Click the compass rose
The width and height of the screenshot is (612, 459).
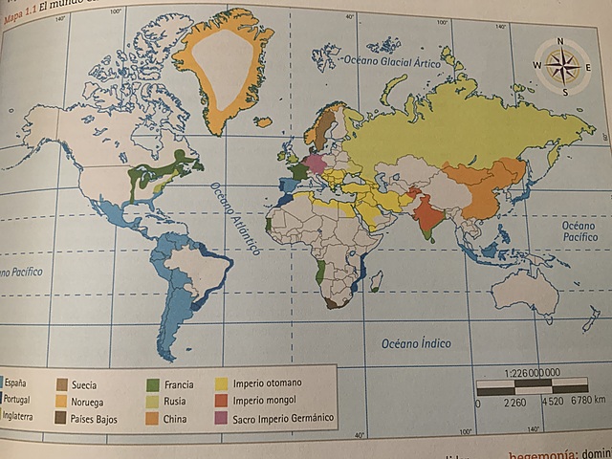pos(561,66)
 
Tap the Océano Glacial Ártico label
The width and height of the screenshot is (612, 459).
pos(390,61)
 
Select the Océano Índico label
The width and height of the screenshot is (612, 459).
pos(416,343)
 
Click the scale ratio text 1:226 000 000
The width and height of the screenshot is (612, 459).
pos(517,373)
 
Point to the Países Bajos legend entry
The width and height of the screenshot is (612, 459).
pos(94,419)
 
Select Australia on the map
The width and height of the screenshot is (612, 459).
pos(524,286)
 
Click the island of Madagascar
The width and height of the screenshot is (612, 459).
pos(377,280)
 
